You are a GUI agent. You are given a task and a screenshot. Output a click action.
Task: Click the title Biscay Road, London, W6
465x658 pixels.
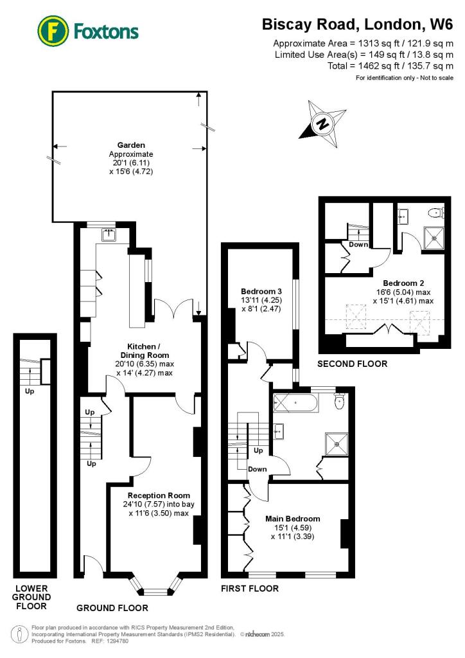[357, 24]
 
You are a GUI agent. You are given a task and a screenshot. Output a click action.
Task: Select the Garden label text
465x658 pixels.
[131, 145]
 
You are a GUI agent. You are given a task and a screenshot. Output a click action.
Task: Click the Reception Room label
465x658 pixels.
[159, 495]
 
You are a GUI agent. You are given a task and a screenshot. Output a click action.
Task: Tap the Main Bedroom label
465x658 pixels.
[293, 519]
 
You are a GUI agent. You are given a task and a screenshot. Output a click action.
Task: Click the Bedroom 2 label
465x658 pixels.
[403, 283]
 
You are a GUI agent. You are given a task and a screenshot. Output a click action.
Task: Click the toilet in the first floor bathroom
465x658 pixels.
[340, 402]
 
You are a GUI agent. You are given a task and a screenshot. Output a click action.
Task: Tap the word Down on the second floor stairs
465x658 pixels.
[358, 245]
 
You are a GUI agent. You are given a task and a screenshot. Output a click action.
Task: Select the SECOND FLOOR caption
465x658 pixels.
[353, 364]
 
